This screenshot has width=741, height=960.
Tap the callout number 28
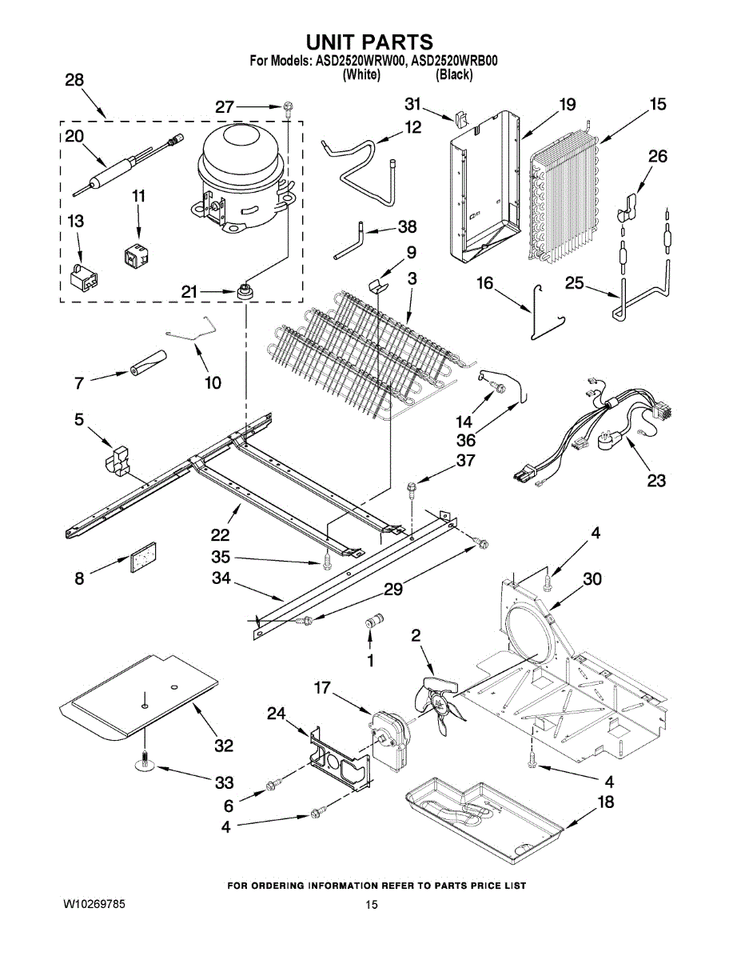click(x=74, y=80)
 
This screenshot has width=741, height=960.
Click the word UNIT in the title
click(x=337, y=42)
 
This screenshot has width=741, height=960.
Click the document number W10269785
click(x=94, y=904)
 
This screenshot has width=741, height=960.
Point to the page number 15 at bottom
click(x=371, y=905)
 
